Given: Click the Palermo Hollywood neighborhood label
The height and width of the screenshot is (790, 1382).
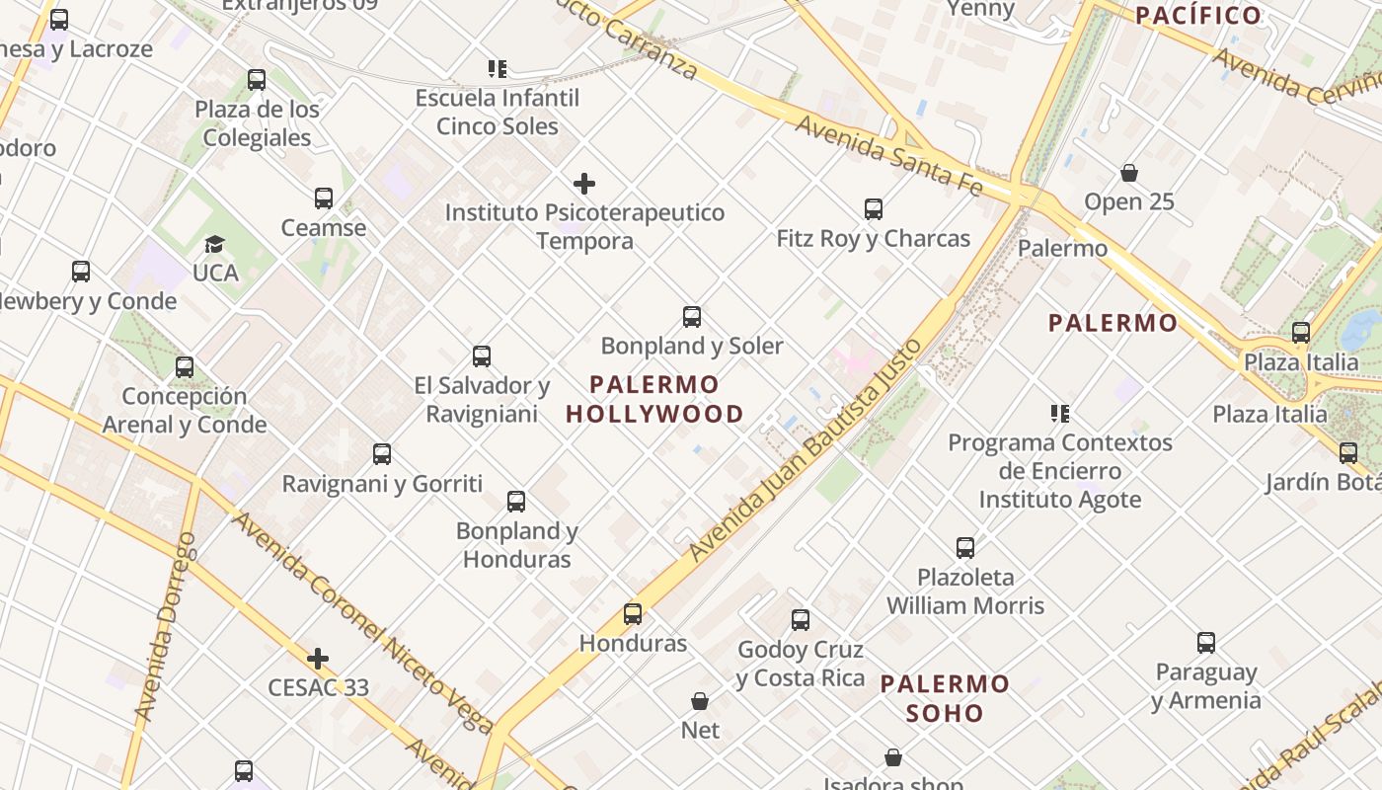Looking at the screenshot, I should click(x=654, y=399).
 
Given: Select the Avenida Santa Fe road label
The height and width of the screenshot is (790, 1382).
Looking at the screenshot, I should click(x=888, y=156).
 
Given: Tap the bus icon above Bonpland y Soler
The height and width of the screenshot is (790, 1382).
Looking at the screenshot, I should click(x=692, y=317).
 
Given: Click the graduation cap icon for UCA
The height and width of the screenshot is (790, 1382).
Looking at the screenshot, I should click(x=214, y=244).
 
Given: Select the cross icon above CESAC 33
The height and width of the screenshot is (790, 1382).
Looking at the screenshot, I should click(x=318, y=658).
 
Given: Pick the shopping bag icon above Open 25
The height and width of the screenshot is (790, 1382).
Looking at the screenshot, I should click(x=1129, y=174).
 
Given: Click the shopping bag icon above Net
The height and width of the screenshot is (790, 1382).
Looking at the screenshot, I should click(x=700, y=701).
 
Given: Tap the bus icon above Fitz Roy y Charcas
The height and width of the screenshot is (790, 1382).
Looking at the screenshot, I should click(x=874, y=209).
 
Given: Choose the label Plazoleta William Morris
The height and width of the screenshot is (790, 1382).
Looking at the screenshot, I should click(x=964, y=591).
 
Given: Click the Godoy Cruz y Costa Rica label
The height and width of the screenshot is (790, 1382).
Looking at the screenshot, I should click(x=800, y=664).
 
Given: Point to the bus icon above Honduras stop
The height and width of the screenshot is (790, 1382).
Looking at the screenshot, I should click(x=633, y=614).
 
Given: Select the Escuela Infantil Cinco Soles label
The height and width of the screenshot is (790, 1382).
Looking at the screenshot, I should click(x=498, y=112).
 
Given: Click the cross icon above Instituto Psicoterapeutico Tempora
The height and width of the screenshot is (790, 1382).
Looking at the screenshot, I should click(x=584, y=184).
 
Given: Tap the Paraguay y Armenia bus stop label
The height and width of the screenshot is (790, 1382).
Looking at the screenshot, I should click(x=1205, y=686).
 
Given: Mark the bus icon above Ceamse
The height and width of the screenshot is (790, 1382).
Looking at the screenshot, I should click(x=324, y=198).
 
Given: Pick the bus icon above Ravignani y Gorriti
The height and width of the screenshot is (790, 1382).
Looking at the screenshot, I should click(x=382, y=454).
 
